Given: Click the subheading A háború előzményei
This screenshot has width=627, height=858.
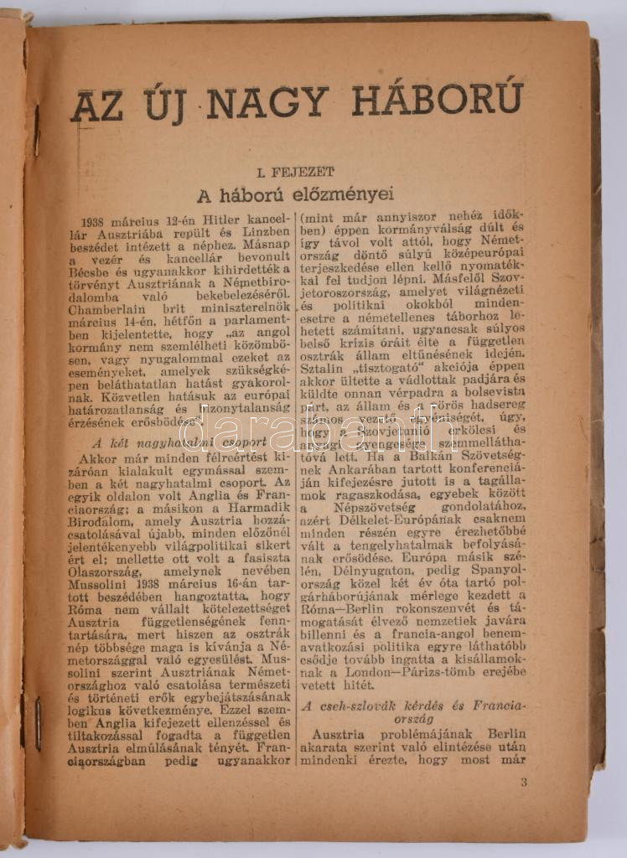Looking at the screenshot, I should (x=294, y=196).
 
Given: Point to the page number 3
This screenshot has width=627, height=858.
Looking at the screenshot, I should (x=523, y=783).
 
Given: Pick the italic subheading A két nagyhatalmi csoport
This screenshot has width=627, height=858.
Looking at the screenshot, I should (x=179, y=442).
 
